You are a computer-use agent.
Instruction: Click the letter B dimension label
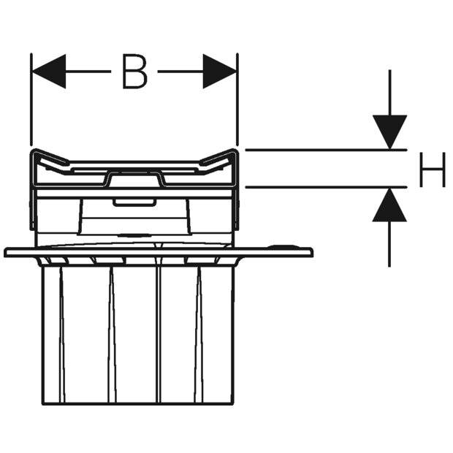(x=134, y=72)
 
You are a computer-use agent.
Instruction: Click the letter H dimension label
(x=433, y=170)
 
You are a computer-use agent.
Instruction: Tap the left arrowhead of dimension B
(x=48, y=72)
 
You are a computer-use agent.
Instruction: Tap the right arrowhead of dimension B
(x=220, y=72)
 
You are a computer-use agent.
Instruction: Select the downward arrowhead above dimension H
(x=389, y=132)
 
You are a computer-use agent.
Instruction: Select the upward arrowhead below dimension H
(x=389, y=205)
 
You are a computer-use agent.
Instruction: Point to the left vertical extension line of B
(x=31, y=99)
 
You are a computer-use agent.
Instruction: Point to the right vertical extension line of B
(x=237, y=99)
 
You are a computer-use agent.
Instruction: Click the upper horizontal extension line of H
(x=326, y=150)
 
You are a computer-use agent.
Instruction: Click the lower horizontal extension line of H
(x=326, y=187)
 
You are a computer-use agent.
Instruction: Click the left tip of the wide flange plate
(x=4, y=252)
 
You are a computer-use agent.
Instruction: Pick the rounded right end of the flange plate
(x=311, y=252)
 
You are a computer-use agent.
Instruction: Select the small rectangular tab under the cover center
(x=133, y=202)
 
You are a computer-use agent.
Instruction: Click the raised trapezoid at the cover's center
(x=134, y=178)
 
